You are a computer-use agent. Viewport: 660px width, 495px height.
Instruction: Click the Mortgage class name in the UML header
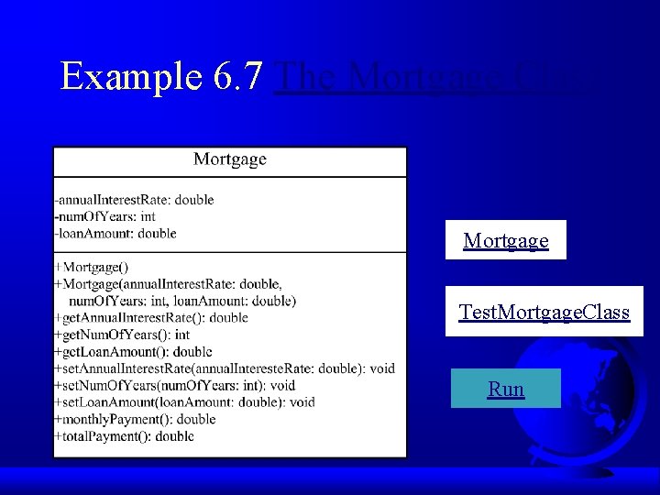pyautogui.click(x=229, y=159)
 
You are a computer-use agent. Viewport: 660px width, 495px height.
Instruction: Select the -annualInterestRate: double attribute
pyautogui.click(x=134, y=200)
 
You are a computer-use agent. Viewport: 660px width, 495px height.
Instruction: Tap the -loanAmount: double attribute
pyautogui.click(x=115, y=233)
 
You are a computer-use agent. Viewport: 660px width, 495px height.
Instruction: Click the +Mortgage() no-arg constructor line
pyautogui.click(x=92, y=267)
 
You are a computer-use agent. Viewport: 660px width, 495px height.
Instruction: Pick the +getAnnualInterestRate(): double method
pyautogui.click(x=151, y=317)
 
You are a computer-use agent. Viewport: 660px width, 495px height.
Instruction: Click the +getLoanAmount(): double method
pyautogui.click(x=133, y=351)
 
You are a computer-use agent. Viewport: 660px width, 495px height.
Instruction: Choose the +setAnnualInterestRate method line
pyautogui.click(x=225, y=368)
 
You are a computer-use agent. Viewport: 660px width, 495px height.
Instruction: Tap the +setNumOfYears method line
pyautogui.click(x=175, y=385)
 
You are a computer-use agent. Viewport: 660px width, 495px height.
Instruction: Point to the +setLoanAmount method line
pyautogui.click(x=184, y=401)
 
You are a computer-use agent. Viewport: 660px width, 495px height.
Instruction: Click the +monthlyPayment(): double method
pyautogui.click(x=135, y=419)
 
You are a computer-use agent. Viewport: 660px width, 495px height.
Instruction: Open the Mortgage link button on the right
pyautogui.click(x=506, y=240)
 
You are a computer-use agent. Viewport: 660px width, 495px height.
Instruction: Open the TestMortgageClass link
pyautogui.click(x=544, y=312)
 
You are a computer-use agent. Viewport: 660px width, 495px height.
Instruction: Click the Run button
pyautogui.click(x=506, y=389)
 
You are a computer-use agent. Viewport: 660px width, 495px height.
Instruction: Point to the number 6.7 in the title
pyautogui.click(x=239, y=76)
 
